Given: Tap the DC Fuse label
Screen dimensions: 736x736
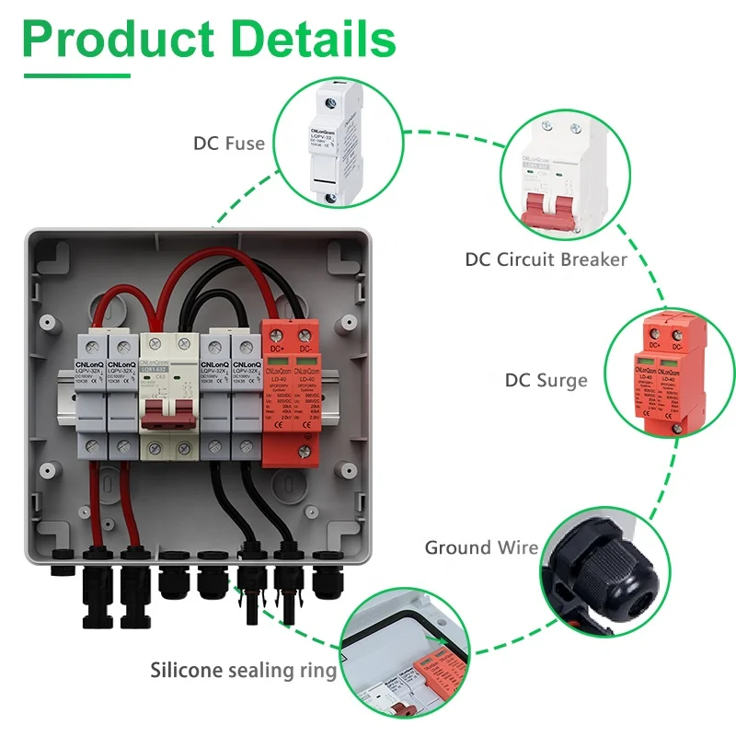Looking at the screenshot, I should [x=228, y=144].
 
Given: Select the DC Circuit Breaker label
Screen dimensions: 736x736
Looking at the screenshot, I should [x=546, y=259].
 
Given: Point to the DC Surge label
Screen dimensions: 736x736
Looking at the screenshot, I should [x=546, y=380].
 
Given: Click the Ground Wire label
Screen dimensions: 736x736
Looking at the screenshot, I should [x=480, y=548].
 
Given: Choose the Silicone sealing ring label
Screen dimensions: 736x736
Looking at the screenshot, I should [x=244, y=671].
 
